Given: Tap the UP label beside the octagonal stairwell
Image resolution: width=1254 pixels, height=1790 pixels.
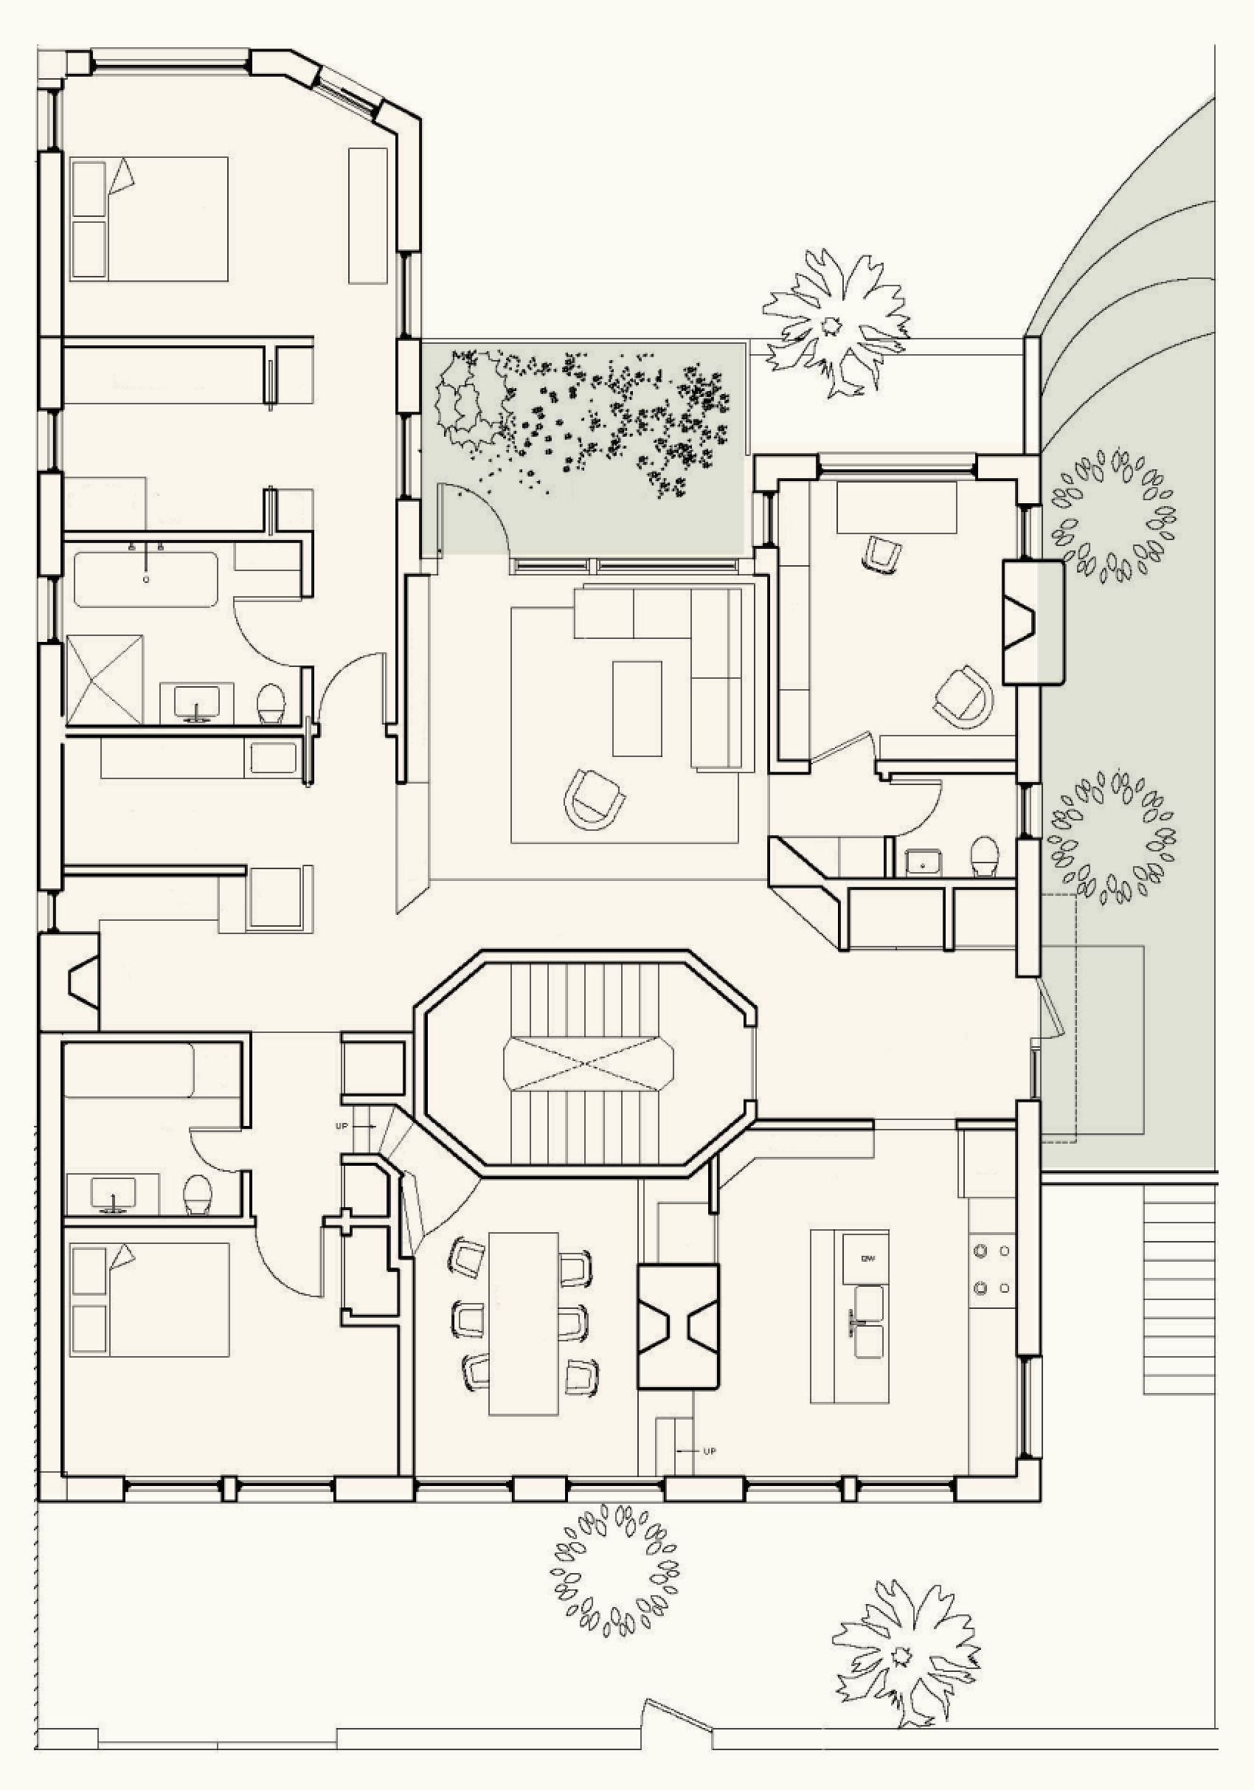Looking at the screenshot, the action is (x=342, y=1127).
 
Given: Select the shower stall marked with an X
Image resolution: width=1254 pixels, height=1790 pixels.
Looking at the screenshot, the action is (x=105, y=680).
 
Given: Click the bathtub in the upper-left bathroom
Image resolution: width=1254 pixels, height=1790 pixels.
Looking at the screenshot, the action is (x=147, y=579).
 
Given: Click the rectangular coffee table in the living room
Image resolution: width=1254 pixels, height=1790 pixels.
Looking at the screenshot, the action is (x=637, y=708).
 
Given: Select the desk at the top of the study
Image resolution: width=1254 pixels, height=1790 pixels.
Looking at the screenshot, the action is (x=896, y=508).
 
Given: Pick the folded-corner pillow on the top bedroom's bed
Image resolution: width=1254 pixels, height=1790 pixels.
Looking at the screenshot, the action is (x=122, y=176).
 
